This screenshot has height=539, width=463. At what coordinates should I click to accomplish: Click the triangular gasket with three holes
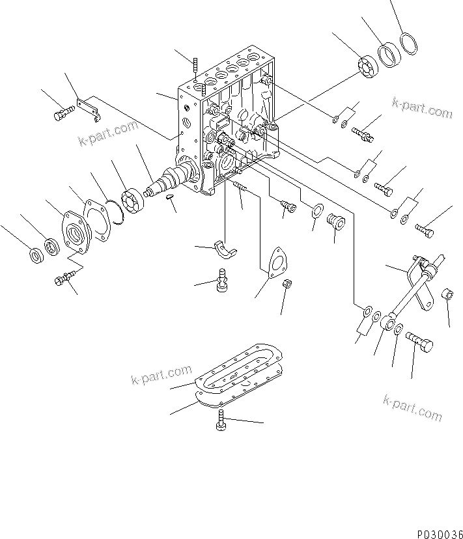click(276, 263)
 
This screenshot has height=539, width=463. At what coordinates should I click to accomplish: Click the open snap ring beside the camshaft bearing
click(117, 212)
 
